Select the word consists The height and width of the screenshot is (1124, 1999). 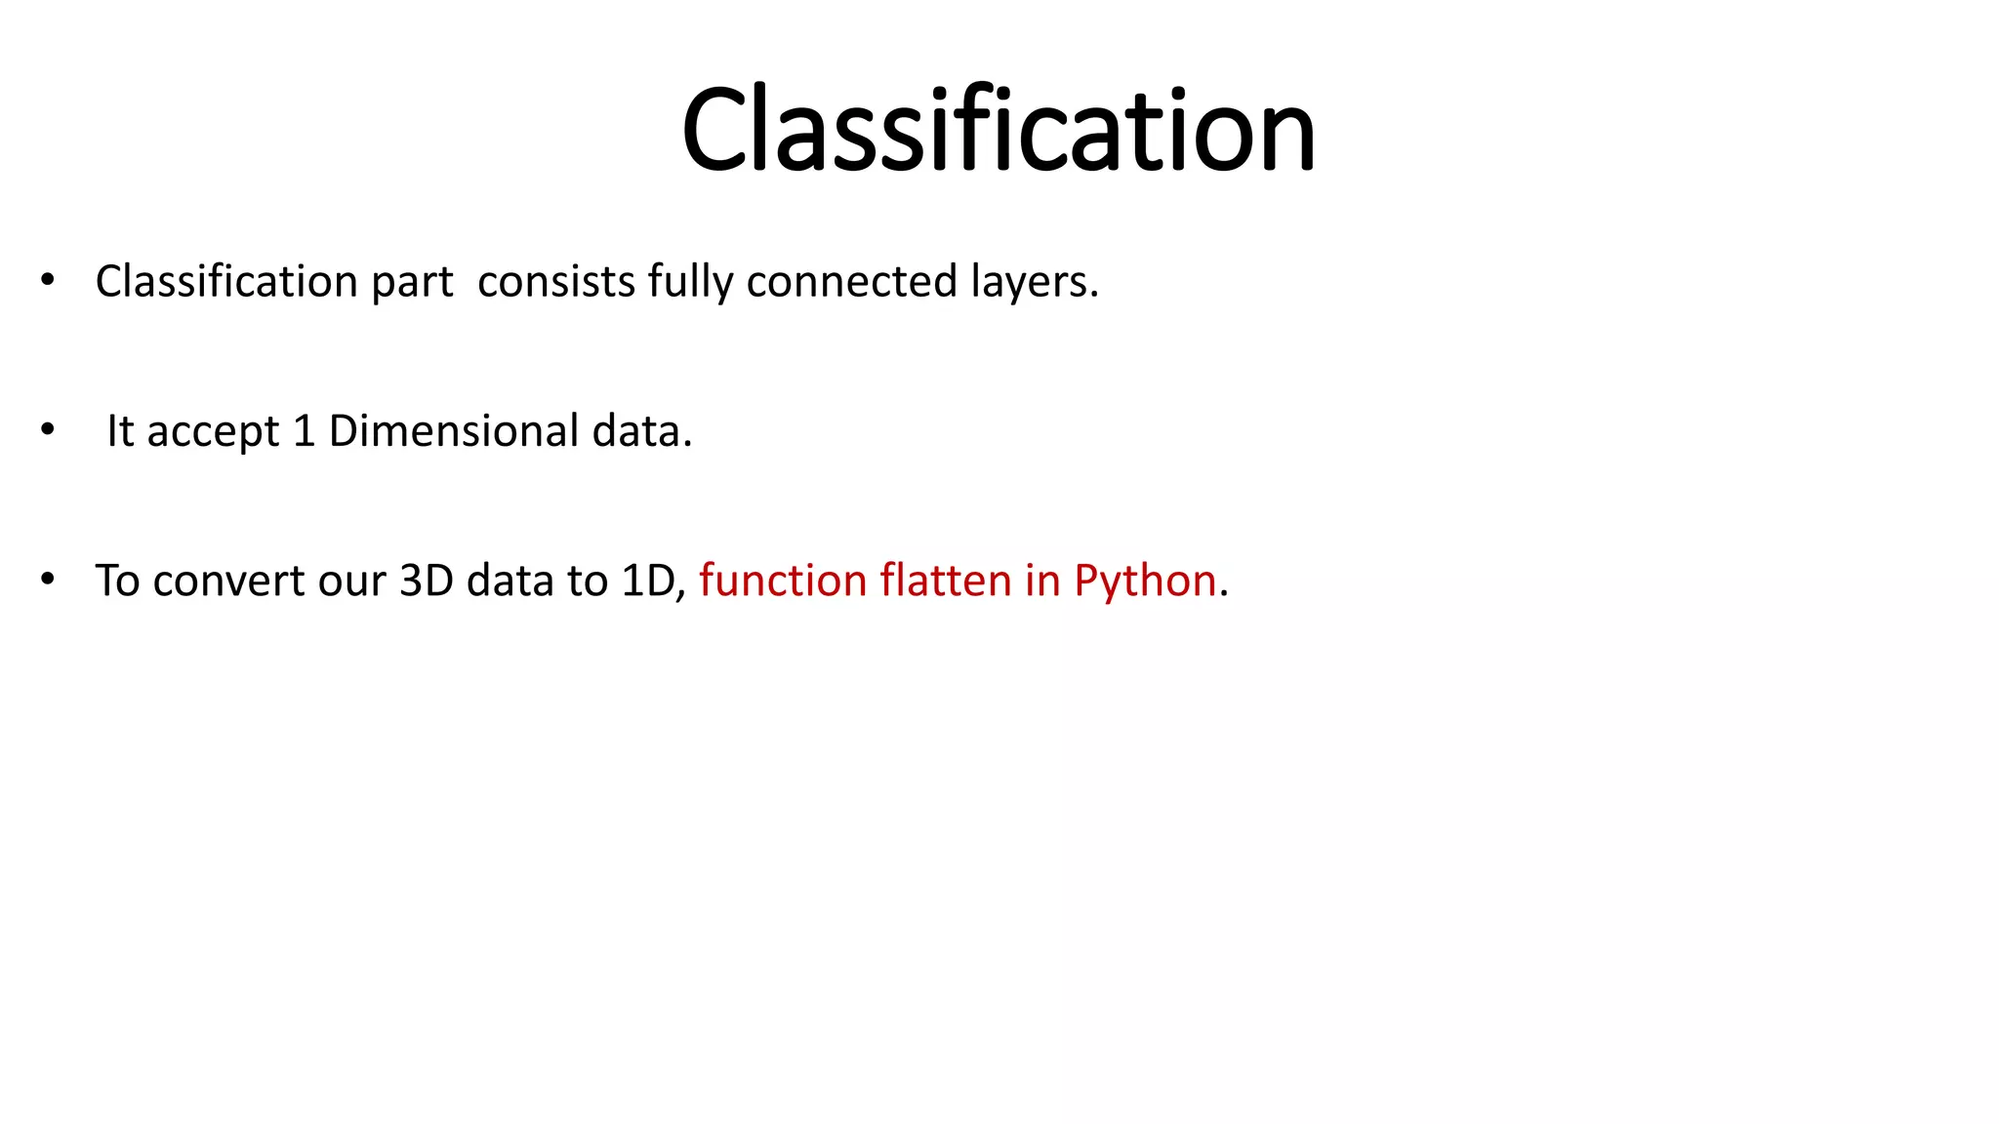[556, 282]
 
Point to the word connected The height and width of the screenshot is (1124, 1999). [852, 282]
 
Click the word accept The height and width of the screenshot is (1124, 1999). [213, 432]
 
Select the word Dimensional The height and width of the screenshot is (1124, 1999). [454, 431]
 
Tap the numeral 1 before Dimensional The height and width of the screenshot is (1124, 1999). [304, 431]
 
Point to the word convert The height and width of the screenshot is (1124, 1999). [229, 582]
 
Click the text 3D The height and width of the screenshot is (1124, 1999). [427, 582]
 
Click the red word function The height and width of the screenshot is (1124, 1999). [783, 582]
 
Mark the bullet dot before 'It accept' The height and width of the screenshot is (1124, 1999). [48, 429]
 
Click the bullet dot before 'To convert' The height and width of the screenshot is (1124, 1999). [48, 579]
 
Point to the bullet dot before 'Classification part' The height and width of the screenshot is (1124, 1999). [48, 280]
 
